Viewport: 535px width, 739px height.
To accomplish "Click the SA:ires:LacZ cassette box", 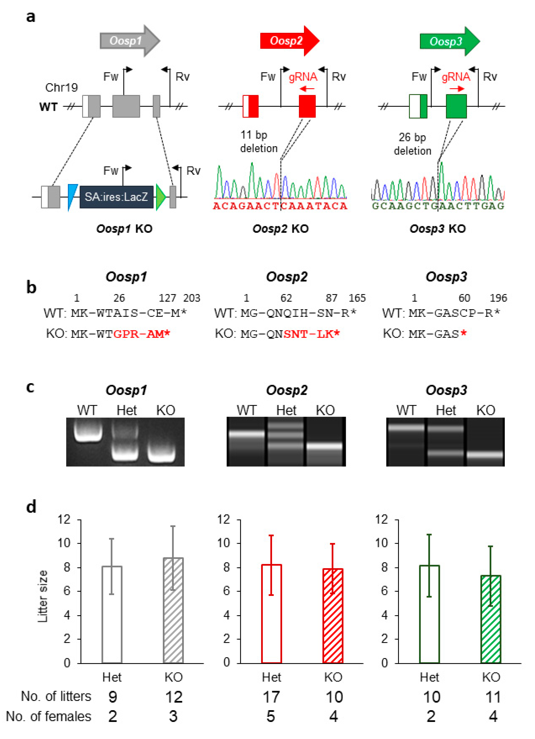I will [x=116, y=197].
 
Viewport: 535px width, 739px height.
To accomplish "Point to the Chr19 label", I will [x=62, y=87].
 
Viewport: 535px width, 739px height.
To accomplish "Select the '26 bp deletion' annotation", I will [x=412, y=144].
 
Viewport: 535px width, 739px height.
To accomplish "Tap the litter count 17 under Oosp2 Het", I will [x=271, y=697].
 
